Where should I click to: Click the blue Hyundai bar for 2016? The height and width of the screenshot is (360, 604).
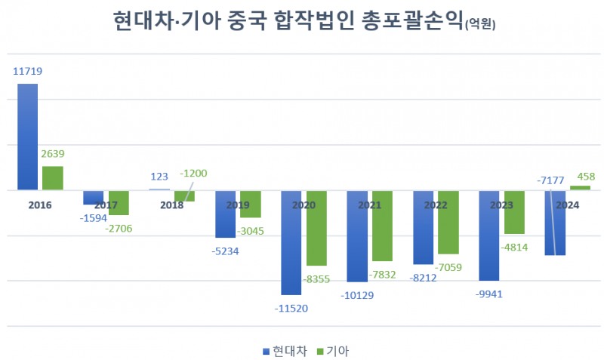(28, 137)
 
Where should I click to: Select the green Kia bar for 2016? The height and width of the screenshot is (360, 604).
(53, 178)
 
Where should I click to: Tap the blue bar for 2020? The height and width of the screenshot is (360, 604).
(291, 242)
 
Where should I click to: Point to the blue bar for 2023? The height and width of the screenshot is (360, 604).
(489, 235)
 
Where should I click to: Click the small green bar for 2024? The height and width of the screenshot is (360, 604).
(580, 188)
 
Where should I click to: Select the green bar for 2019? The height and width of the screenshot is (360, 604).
(251, 204)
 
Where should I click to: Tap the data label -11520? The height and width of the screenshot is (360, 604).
(291, 307)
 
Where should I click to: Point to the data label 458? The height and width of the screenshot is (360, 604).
(586, 177)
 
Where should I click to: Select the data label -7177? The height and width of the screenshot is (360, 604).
(550, 180)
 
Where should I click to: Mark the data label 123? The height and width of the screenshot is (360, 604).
(159, 177)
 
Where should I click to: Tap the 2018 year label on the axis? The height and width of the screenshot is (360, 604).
(172, 205)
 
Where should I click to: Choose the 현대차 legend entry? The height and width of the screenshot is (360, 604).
(285, 351)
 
